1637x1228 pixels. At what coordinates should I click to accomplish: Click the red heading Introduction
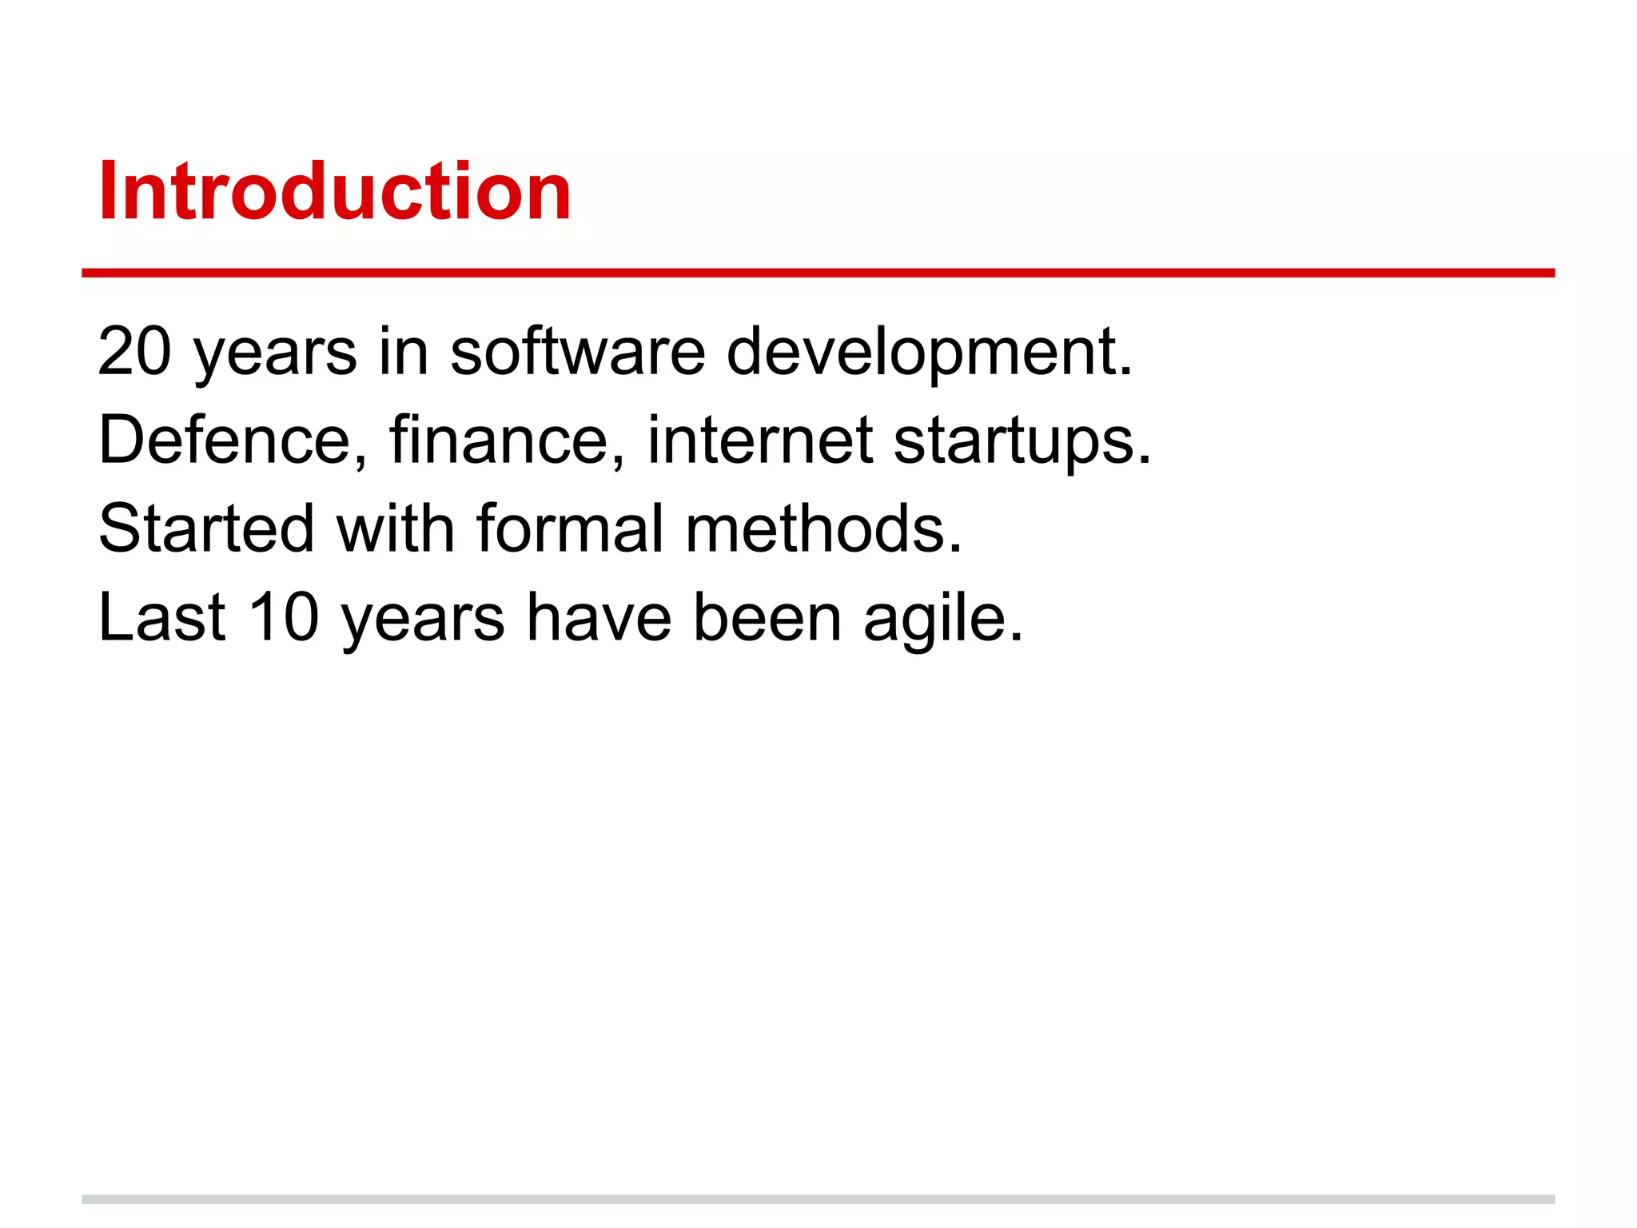click(334, 192)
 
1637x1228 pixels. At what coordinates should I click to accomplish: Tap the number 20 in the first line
click(134, 352)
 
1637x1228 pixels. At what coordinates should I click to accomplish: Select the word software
click(577, 352)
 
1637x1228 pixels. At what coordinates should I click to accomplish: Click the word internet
click(759, 441)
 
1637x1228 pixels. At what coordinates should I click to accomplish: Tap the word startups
click(1022, 441)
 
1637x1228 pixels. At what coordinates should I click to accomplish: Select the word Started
click(206, 529)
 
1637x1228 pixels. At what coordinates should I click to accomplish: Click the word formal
click(569, 529)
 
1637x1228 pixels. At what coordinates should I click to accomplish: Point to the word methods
click(823, 529)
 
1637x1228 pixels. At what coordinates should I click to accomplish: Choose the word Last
click(162, 618)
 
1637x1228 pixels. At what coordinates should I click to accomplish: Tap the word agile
click(942, 618)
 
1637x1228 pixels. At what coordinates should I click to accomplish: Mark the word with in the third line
click(395, 529)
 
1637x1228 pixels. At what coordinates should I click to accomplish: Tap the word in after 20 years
click(403, 352)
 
